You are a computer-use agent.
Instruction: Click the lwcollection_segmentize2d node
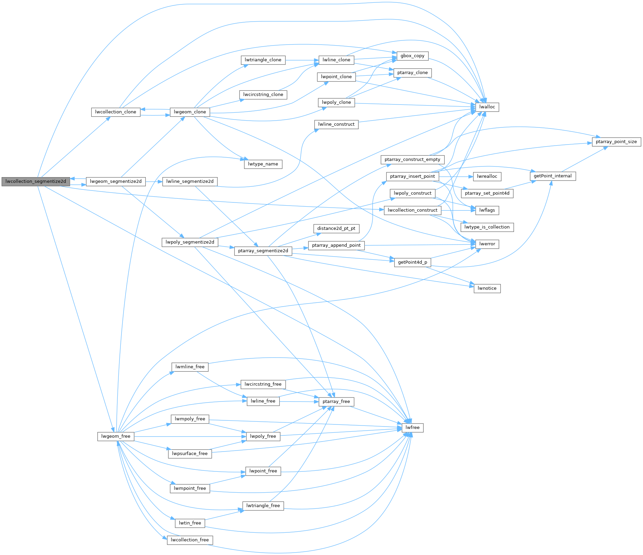(x=36, y=182)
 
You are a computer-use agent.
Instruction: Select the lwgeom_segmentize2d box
(x=116, y=182)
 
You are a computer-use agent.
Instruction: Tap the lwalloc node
(x=487, y=107)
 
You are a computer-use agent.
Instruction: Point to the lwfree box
(x=412, y=428)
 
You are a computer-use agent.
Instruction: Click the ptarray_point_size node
(x=616, y=142)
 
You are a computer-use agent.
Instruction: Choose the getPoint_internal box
(x=552, y=176)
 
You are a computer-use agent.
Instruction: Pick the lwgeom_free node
(x=116, y=436)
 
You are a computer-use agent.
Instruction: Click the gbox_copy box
(x=412, y=56)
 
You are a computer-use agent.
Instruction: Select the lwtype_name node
(x=263, y=164)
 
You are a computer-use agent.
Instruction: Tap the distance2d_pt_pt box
(x=336, y=229)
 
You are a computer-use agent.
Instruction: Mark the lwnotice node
(x=487, y=288)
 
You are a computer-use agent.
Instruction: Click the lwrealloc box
(x=487, y=176)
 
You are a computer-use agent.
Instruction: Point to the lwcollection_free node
(x=190, y=540)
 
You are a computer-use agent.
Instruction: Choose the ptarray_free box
(x=336, y=402)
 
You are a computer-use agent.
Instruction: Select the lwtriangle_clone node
(x=263, y=60)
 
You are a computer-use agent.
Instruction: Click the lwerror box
(x=487, y=244)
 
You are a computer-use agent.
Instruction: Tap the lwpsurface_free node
(x=190, y=454)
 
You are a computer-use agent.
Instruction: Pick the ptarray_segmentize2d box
(x=263, y=251)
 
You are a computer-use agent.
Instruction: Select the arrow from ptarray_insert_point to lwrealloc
(x=456, y=176)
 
